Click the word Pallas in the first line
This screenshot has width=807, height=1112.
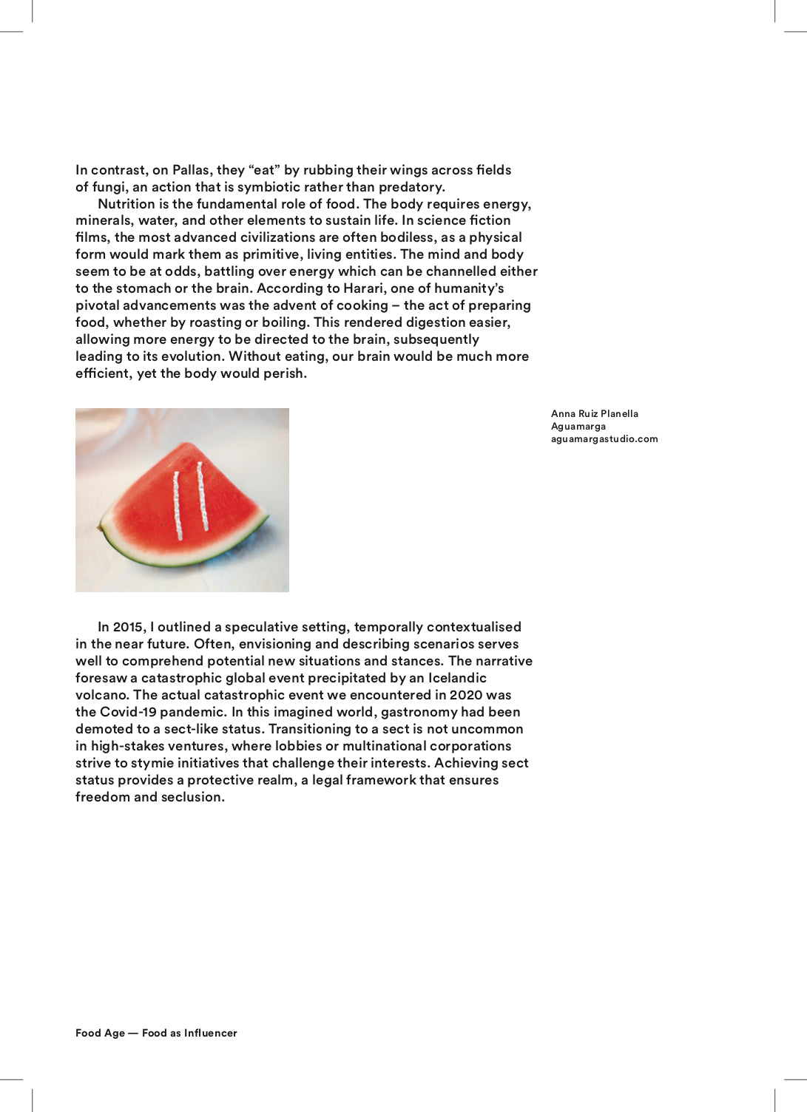191,170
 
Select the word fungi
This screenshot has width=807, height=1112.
109,187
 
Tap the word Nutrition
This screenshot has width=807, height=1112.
127,204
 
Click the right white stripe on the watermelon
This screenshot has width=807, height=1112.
202,496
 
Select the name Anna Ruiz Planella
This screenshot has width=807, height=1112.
594,414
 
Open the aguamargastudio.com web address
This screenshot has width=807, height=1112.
604,439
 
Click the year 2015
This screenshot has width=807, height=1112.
129,627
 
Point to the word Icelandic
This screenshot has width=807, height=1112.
456,678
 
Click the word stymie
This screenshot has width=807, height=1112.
150,763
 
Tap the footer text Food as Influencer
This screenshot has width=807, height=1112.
189,1033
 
